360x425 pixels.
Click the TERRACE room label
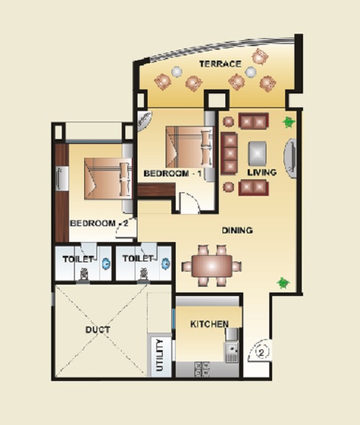pyautogui.click(x=220, y=64)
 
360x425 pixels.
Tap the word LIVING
pyautogui.click(x=262, y=172)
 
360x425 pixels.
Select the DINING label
pyautogui.click(x=238, y=231)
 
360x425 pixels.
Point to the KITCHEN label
pyautogui.click(x=210, y=324)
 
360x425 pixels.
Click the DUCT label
pyautogui.click(x=98, y=330)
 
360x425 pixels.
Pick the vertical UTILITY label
pyautogui.click(x=160, y=355)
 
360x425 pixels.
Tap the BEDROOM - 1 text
pyautogui.click(x=173, y=174)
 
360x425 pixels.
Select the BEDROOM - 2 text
pyautogui.click(x=99, y=223)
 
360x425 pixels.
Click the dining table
pyautogui.click(x=212, y=266)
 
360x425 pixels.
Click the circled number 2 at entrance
pyautogui.click(x=261, y=353)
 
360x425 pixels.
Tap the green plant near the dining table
pyautogui.click(x=283, y=283)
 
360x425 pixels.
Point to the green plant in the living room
pyautogui.click(x=289, y=122)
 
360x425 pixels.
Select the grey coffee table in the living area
pyautogui.click(x=257, y=153)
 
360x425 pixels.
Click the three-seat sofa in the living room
pyautogui.click(x=229, y=153)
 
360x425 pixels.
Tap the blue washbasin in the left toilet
pyautogui.click(x=106, y=264)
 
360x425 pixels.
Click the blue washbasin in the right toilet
pyautogui.click(x=166, y=264)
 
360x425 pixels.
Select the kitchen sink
pyautogui.click(x=232, y=352)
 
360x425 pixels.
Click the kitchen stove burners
pyautogui.click(x=202, y=369)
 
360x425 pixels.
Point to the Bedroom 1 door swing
pyautogui.click(x=190, y=202)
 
